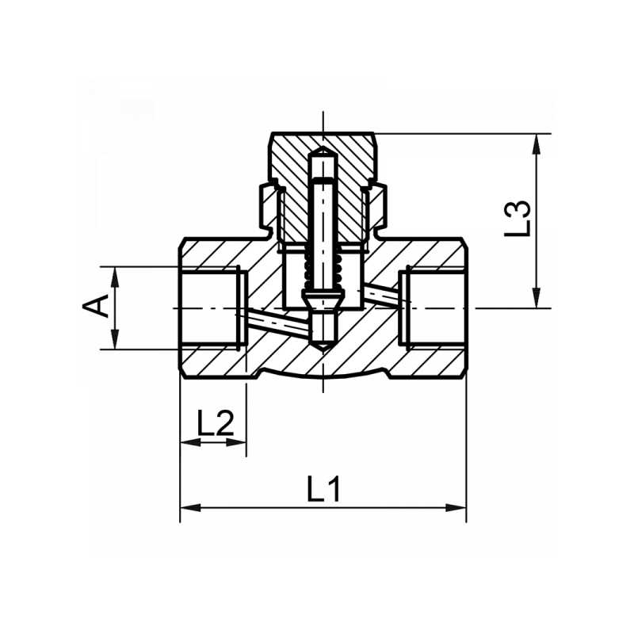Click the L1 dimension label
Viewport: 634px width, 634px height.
pyautogui.click(x=323, y=489)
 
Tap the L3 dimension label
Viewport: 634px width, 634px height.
pyautogui.click(x=517, y=219)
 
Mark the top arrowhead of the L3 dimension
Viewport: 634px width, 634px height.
pyautogui.click(x=538, y=142)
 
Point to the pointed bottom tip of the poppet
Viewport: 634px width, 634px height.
pyautogui.click(x=323, y=349)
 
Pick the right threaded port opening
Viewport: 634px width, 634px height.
pyautogui.click(x=434, y=307)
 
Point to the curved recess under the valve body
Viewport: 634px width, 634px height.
pyautogui.click(x=323, y=376)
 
